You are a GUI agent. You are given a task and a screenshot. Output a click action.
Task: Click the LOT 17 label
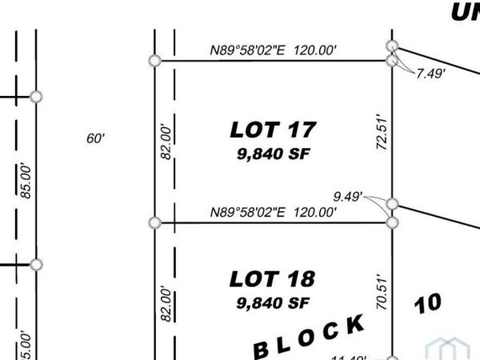point(274,128)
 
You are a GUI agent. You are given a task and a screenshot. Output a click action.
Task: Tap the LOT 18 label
point(272,279)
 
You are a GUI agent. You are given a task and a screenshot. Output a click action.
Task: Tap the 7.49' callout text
point(430,74)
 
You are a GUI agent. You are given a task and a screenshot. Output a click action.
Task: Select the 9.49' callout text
point(349,194)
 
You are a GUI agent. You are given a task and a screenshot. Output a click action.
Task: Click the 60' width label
point(96,138)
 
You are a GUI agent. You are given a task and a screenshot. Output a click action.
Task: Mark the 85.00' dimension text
point(26,180)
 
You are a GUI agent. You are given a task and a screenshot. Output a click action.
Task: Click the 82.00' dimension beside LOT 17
point(166,141)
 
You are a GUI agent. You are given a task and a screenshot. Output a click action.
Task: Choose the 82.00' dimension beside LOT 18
point(166,304)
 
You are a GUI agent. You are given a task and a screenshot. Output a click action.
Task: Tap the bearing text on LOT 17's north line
point(272,51)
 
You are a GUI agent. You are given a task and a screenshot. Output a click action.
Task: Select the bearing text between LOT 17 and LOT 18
point(272,213)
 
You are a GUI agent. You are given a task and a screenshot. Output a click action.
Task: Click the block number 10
point(428,302)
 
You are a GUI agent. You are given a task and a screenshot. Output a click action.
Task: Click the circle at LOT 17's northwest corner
point(155,61)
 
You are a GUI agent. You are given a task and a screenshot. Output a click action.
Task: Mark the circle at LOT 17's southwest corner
point(155,222)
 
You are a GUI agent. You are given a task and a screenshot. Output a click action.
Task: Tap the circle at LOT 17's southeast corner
point(392,222)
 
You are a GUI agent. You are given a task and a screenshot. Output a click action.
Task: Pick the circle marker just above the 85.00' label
point(35,97)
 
